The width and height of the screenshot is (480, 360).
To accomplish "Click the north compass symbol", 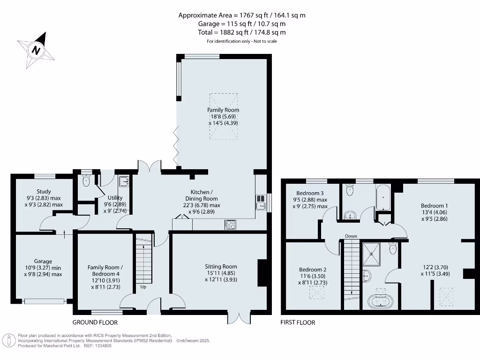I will (35, 49).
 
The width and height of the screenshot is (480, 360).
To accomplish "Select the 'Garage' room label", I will (43, 262).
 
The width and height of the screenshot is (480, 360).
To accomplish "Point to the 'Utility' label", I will (115, 198).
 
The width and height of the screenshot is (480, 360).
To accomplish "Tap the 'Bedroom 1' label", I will (434, 206).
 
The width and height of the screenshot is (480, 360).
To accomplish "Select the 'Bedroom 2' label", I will (313, 270).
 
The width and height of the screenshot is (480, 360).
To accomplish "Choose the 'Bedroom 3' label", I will (310, 193).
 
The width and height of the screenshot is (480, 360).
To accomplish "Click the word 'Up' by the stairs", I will (143, 286).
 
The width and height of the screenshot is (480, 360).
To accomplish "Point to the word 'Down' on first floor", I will (351, 236).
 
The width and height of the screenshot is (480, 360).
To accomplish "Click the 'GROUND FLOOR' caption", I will (95, 322).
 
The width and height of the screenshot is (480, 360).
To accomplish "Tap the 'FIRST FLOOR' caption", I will (298, 322).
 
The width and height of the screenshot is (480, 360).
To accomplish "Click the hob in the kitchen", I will (231, 225).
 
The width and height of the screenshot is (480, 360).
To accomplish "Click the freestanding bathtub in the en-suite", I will (380, 301).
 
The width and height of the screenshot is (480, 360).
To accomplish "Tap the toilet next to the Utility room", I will (86, 180).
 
